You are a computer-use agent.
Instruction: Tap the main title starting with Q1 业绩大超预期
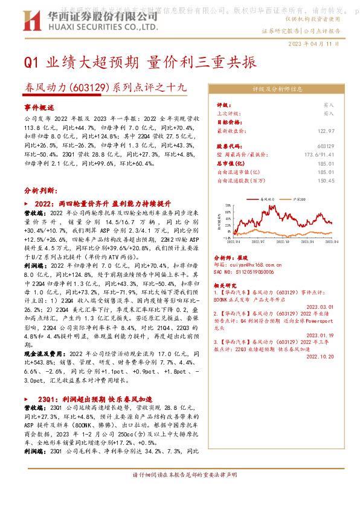[140, 62]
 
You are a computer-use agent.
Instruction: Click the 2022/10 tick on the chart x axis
[292, 241]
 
